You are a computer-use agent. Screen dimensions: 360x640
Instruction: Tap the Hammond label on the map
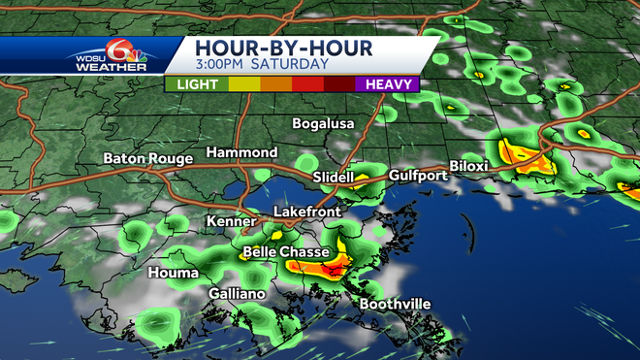point(241,153)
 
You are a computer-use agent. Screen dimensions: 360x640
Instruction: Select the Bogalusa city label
point(324,123)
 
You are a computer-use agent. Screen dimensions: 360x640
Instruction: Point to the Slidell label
point(334,178)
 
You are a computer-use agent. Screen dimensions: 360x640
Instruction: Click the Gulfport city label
point(417,176)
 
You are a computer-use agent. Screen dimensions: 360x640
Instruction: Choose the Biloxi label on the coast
point(468,166)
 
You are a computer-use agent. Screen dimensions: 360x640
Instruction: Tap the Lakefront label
point(304,212)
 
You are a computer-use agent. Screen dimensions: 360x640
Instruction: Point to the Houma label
point(174,274)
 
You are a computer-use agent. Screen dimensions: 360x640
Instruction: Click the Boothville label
point(395,304)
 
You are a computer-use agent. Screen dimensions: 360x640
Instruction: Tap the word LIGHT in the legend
point(197,84)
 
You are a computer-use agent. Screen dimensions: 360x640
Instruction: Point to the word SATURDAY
point(290,65)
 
